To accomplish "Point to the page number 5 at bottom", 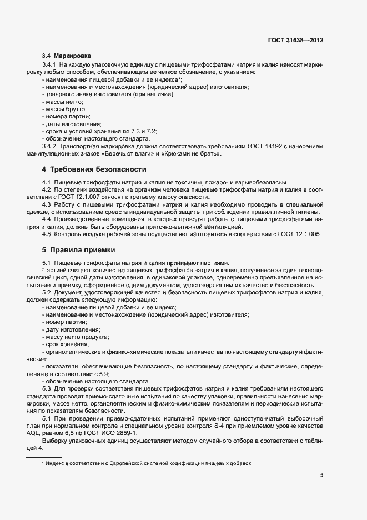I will click(x=321, y=475).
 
